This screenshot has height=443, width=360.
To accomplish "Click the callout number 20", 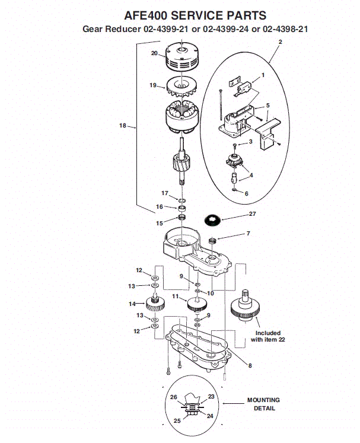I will [154, 53].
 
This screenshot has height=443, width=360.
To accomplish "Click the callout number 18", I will [123, 125].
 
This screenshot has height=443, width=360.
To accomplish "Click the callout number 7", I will [248, 234].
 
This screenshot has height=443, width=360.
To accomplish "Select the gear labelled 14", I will [155, 305].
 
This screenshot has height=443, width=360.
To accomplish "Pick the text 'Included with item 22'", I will [265, 336].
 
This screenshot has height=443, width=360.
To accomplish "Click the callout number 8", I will [250, 365].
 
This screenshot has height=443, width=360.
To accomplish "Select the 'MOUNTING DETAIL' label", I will [263, 404].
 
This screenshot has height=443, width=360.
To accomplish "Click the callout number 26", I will [174, 397].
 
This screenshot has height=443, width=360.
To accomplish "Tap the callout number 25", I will [176, 420].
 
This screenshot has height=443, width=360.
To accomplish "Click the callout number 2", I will [280, 42].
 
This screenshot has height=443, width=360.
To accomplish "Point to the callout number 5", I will [267, 105].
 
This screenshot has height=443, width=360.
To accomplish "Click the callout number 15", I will [159, 223].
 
